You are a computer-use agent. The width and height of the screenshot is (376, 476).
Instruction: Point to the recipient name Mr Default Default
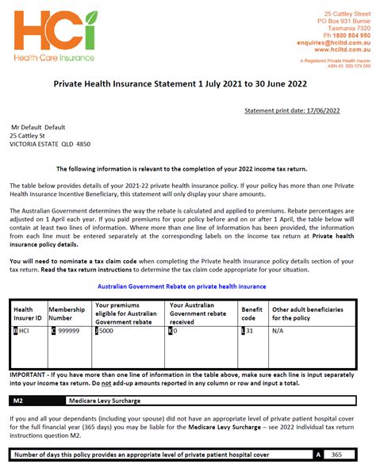[x=38, y=127]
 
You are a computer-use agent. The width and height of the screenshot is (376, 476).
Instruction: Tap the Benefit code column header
[x=251, y=314]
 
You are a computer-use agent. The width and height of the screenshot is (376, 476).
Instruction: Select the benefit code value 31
[x=251, y=331]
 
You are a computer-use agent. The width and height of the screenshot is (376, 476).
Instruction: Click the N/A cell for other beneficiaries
[x=278, y=331]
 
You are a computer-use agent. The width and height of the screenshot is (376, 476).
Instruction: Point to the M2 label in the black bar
[x=18, y=401]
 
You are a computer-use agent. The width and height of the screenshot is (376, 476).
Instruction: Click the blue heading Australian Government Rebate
[x=181, y=286]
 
